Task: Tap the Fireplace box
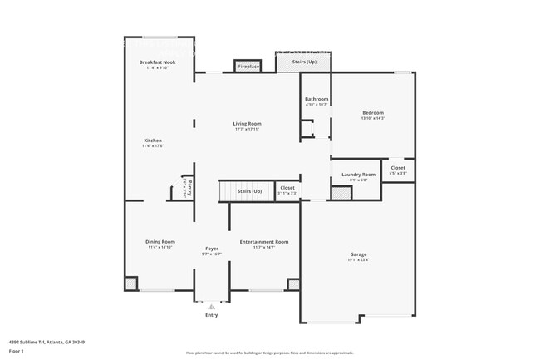248,66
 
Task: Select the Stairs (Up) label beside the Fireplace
303,62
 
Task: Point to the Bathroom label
317,99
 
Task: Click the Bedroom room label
372,112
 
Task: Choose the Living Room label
247,124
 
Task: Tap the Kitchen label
152,141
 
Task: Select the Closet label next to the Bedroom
398,168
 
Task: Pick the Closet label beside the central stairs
287,188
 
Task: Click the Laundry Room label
358,175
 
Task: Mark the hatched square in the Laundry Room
341,193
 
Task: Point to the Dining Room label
161,241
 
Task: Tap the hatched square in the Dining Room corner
131,284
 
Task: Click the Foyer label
212,249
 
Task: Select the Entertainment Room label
263,241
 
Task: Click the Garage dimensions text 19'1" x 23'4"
358,259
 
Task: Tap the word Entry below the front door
211,315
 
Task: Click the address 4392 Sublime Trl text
47,342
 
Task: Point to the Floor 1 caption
17,351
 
